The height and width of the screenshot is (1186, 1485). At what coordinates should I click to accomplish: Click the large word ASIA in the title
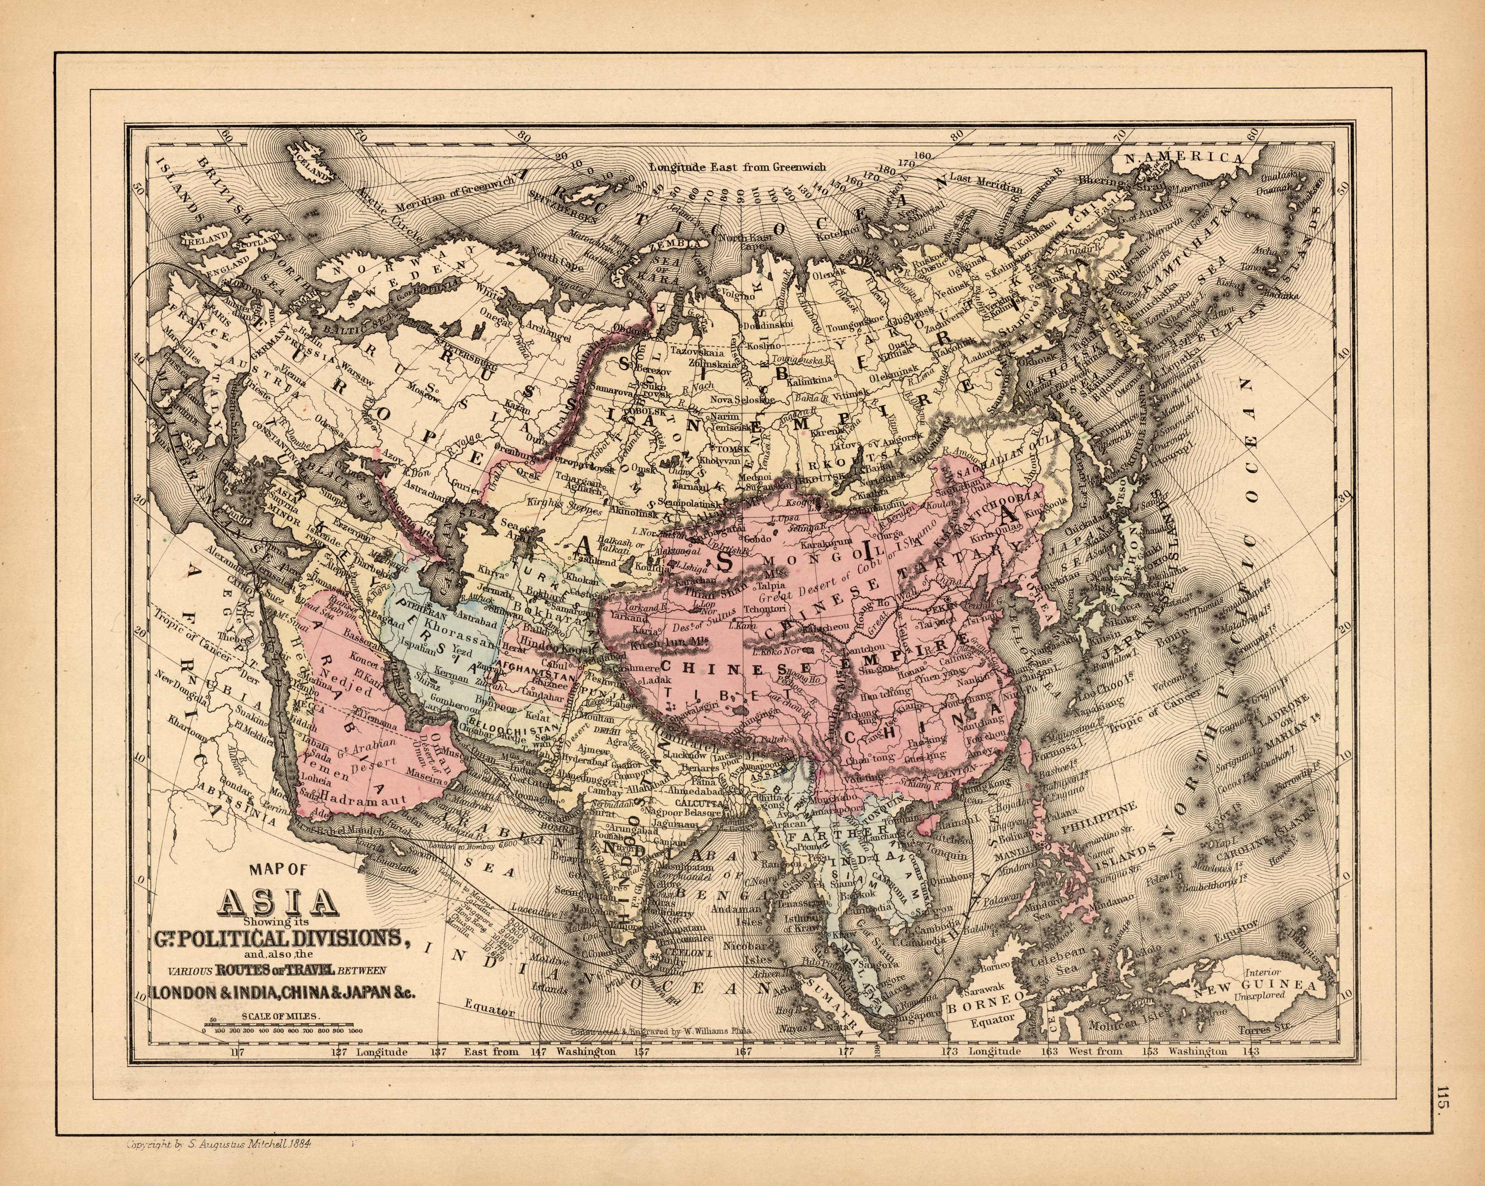pyautogui.click(x=278, y=903)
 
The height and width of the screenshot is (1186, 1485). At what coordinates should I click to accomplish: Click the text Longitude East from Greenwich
pyautogui.click(x=737, y=168)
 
